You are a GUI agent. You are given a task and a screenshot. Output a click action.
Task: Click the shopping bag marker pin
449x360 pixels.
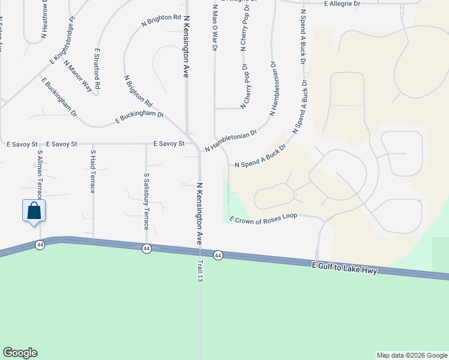tap(34, 211)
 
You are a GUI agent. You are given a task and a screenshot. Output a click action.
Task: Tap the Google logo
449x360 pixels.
tap(20, 353)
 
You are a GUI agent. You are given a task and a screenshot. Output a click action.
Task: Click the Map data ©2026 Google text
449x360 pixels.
tap(412, 355)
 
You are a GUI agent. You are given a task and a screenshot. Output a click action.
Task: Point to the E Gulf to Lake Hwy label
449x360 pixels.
tap(345, 268)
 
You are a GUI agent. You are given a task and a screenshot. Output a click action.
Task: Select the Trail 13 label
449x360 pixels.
tap(199, 263)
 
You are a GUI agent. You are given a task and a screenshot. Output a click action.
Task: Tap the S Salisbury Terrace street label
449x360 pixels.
tap(146, 201)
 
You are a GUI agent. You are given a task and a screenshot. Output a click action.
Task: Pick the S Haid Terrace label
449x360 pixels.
tap(93, 171)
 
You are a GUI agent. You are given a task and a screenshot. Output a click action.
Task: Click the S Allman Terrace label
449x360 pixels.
tap(40, 173)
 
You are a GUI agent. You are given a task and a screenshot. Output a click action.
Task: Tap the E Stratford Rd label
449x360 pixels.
tap(97, 70)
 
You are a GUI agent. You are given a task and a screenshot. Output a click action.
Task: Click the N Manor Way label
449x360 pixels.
tap(77, 76)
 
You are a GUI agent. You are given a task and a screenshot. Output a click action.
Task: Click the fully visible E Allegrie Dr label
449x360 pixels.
tap(342, 4)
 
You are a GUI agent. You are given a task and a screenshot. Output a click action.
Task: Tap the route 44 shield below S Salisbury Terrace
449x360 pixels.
tap(146, 248)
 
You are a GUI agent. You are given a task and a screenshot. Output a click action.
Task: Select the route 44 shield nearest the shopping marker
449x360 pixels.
tap(40, 245)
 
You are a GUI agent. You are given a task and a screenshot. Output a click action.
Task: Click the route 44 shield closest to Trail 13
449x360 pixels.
tap(217, 255)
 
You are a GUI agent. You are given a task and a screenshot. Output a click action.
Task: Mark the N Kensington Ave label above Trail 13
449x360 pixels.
tap(198, 214)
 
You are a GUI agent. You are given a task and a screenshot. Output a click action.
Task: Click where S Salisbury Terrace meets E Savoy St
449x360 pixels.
tap(146, 144)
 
